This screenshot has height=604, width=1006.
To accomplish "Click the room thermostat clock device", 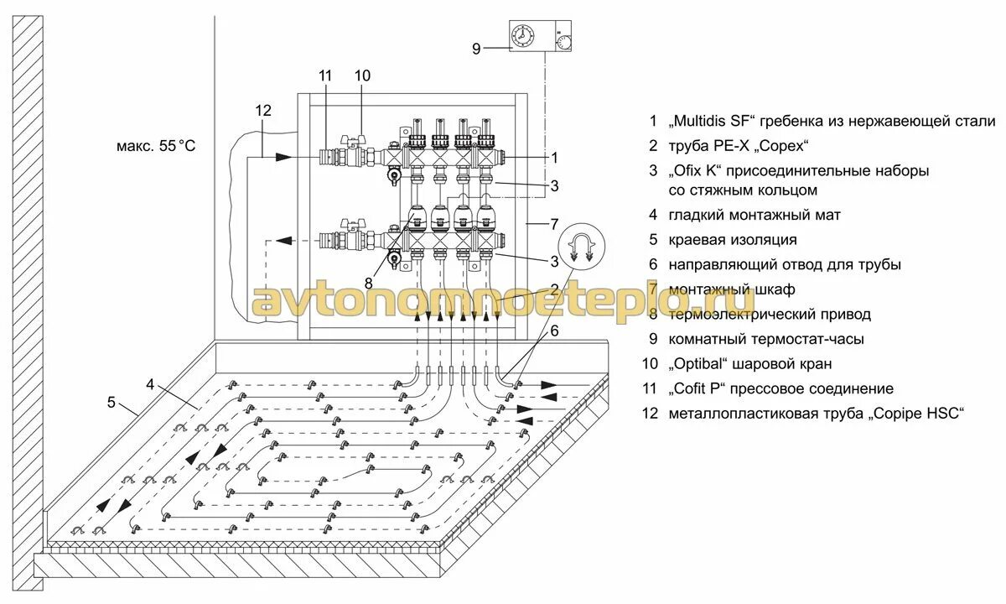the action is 542,37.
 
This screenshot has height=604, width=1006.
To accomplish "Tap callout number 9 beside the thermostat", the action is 477,49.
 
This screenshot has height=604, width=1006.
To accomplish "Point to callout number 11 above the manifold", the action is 325,75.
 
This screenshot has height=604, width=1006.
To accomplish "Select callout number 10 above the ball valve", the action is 361,75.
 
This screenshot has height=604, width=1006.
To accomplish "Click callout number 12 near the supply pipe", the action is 263,110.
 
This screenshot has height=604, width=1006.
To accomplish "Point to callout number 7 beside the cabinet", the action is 553,224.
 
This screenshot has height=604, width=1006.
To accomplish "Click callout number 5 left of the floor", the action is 111,402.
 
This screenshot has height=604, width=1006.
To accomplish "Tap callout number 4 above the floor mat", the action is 150,384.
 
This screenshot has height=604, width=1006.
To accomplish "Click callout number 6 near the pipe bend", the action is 554,331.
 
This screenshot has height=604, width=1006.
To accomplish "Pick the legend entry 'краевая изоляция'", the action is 732,240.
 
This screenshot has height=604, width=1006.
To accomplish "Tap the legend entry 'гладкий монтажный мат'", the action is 754,215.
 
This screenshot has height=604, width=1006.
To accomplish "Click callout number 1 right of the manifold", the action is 554,157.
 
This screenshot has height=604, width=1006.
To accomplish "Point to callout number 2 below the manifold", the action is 554,289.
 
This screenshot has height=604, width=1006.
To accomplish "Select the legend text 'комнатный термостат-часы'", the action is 766,339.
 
